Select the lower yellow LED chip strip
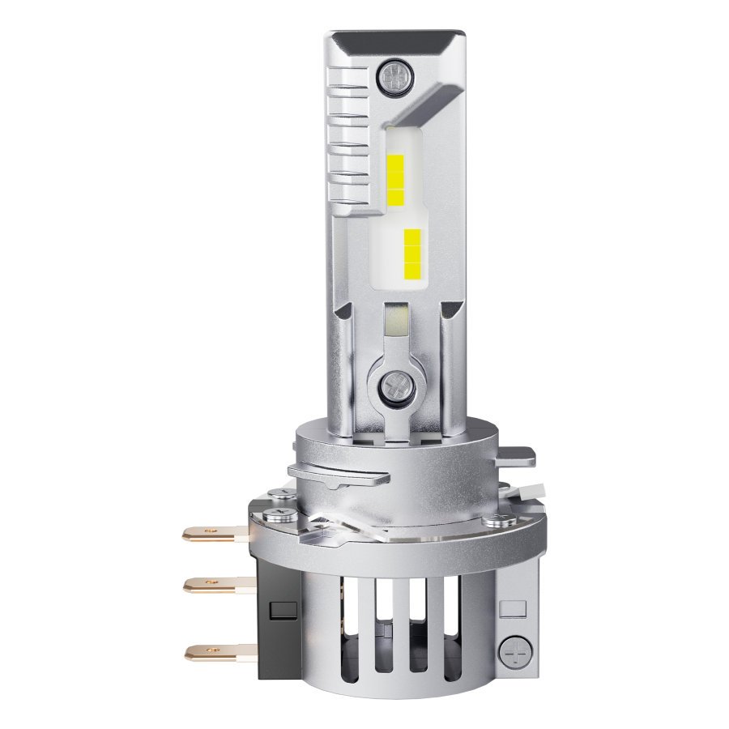pyautogui.click(x=411, y=251)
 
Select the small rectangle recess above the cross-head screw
pyautogui.click(x=509, y=605)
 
